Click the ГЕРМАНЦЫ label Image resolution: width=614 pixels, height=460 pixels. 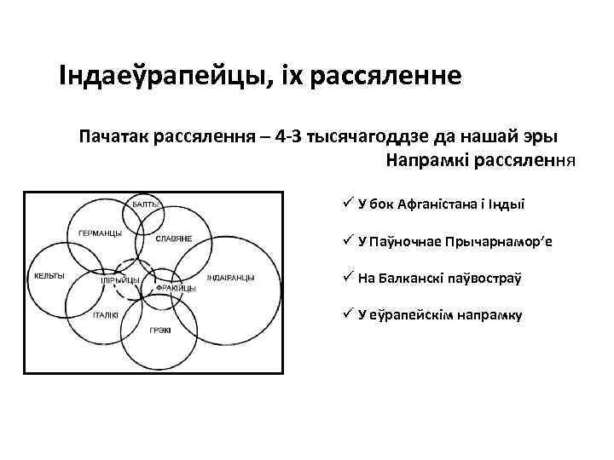coord(100,233)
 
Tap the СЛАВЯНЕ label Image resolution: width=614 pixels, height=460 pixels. coord(173,238)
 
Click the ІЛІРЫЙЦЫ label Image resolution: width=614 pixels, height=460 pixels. coord(120,279)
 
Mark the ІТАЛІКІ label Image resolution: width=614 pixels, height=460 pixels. coord(106,314)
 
